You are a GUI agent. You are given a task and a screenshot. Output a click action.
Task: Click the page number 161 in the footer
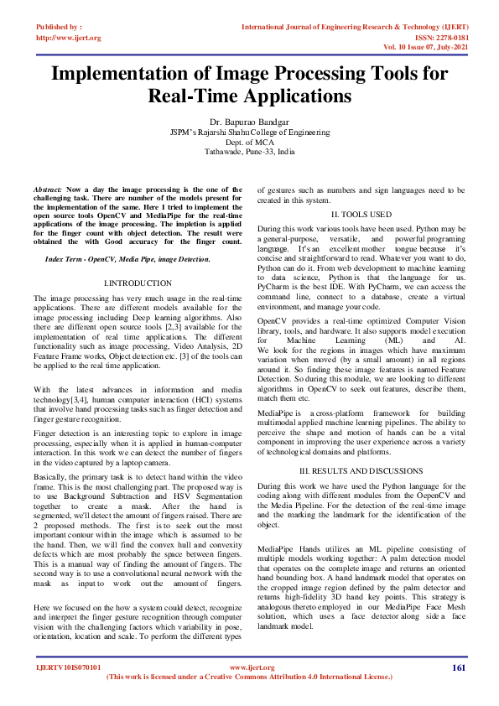click(x=458, y=667)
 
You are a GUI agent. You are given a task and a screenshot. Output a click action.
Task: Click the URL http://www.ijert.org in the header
click(x=69, y=38)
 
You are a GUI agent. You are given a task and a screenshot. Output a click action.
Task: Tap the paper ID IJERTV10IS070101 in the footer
click(x=68, y=667)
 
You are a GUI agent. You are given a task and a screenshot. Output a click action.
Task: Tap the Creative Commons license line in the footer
click(x=249, y=677)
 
